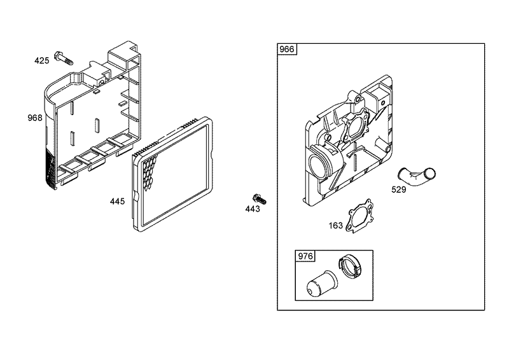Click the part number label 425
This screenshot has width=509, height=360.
click(41, 61)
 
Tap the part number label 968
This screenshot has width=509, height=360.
click(35, 118)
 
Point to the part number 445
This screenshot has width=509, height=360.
click(117, 201)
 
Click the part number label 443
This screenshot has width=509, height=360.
click(253, 209)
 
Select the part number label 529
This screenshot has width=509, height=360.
click(400, 188)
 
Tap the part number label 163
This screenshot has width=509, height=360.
click(335, 225)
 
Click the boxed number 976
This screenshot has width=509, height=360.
click(306, 257)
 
